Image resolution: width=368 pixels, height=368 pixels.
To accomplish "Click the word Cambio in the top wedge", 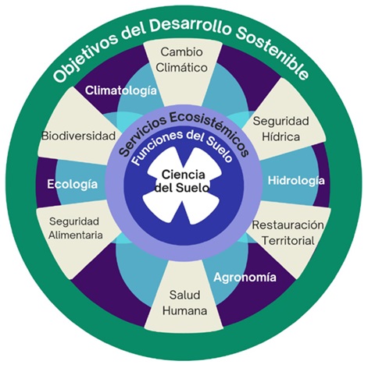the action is pyautogui.click(x=181, y=51).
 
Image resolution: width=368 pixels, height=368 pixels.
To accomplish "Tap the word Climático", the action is pyautogui.click(x=182, y=68).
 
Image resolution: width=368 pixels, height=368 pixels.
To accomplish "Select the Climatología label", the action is pyautogui.click(x=121, y=91).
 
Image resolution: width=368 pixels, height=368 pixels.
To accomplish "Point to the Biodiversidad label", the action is pyautogui.click(x=78, y=136).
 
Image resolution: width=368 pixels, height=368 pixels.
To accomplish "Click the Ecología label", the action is pyautogui.click(x=73, y=185).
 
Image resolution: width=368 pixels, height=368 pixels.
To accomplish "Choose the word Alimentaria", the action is pyautogui.click(x=76, y=235).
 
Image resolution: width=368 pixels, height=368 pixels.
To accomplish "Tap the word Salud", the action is pyautogui.click(x=184, y=295).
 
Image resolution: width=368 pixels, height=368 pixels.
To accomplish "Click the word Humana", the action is pyautogui.click(x=184, y=311).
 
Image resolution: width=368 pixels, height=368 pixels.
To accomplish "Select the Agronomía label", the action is pyautogui.click(x=245, y=278).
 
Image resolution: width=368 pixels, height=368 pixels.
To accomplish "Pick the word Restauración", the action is pyautogui.click(x=288, y=225).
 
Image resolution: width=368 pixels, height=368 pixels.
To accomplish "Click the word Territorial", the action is pyautogui.click(x=288, y=241).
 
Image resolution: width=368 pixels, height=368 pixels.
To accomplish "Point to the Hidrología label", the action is pyautogui.click(x=296, y=181).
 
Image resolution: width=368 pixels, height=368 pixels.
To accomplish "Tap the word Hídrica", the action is pyautogui.click(x=280, y=137).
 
